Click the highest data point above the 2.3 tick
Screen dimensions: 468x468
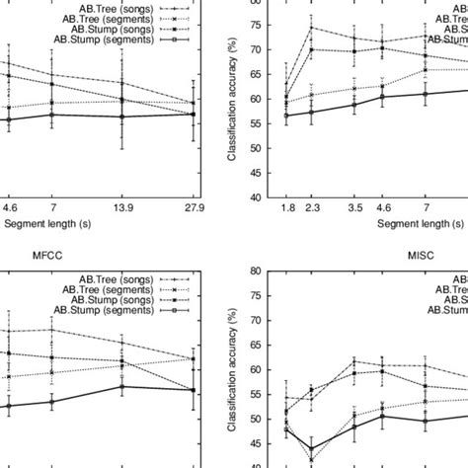[x=312, y=27]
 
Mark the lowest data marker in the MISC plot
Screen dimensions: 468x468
[x=312, y=449]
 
